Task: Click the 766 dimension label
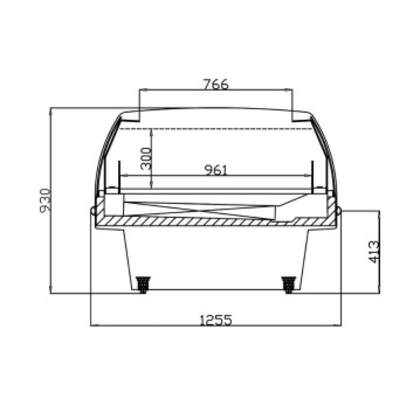point(216,84)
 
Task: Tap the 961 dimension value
point(216,170)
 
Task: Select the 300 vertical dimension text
point(146,159)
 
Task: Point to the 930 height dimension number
point(45,201)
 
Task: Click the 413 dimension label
point(374,252)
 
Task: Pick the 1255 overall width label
point(216,320)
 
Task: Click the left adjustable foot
point(143,285)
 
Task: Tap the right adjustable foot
point(289,285)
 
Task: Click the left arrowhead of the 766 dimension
point(142,90)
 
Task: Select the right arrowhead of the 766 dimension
point(290,90)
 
